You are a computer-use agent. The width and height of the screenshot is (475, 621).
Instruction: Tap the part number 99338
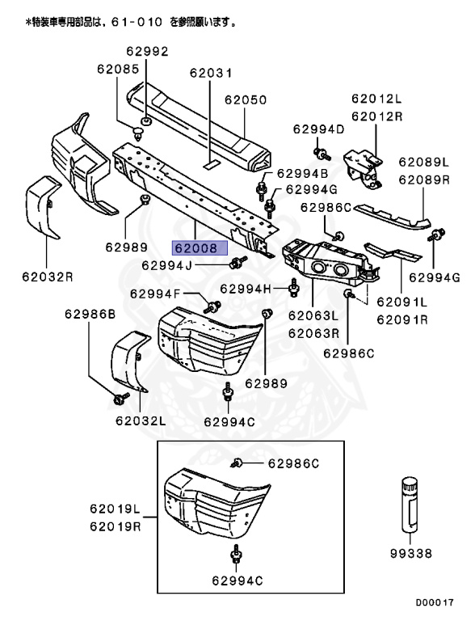coord(412,554)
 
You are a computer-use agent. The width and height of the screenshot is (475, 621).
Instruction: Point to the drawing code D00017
coord(435,602)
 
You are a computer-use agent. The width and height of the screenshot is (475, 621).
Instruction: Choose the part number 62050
coord(246,100)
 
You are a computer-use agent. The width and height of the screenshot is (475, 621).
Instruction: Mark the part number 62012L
coord(376,99)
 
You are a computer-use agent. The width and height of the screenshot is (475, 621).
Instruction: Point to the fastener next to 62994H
coord(293,288)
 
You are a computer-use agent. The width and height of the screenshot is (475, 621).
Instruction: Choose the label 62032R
coord(47,277)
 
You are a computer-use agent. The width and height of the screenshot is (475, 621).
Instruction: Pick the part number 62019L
coord(115,509)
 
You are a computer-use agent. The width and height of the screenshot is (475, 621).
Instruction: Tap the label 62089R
coord(423,181)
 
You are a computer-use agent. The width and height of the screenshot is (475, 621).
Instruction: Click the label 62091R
coord(401,319)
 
